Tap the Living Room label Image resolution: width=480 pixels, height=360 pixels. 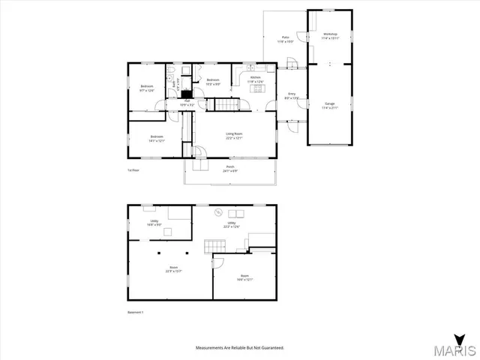tap(235, 136)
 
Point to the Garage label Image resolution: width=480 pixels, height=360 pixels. tap(330, 105)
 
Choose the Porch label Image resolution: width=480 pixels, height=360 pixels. tap(229, 169)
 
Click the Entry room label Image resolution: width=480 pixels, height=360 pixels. tap(292, 96)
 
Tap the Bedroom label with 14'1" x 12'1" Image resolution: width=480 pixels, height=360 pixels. tap(157, 138)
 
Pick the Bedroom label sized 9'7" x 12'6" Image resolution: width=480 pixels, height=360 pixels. tap(147, 88)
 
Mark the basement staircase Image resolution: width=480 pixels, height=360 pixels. tap(215, 247)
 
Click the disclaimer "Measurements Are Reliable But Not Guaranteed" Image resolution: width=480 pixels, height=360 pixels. tap(240, 348)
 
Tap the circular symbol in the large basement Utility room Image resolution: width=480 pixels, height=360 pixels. tap(220, 211)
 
